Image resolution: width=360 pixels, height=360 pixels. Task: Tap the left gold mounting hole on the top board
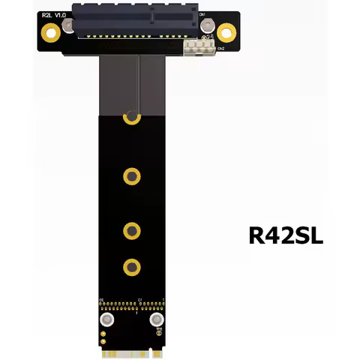(x=50, y=32)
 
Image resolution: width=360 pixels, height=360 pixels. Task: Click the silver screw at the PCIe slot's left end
(x=70, y=28)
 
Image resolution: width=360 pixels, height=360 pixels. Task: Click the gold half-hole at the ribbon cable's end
(x=132, y=117)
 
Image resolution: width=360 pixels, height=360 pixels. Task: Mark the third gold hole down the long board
(x=132, y=229)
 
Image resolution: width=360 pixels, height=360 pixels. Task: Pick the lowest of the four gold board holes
(x=132, y=265)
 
